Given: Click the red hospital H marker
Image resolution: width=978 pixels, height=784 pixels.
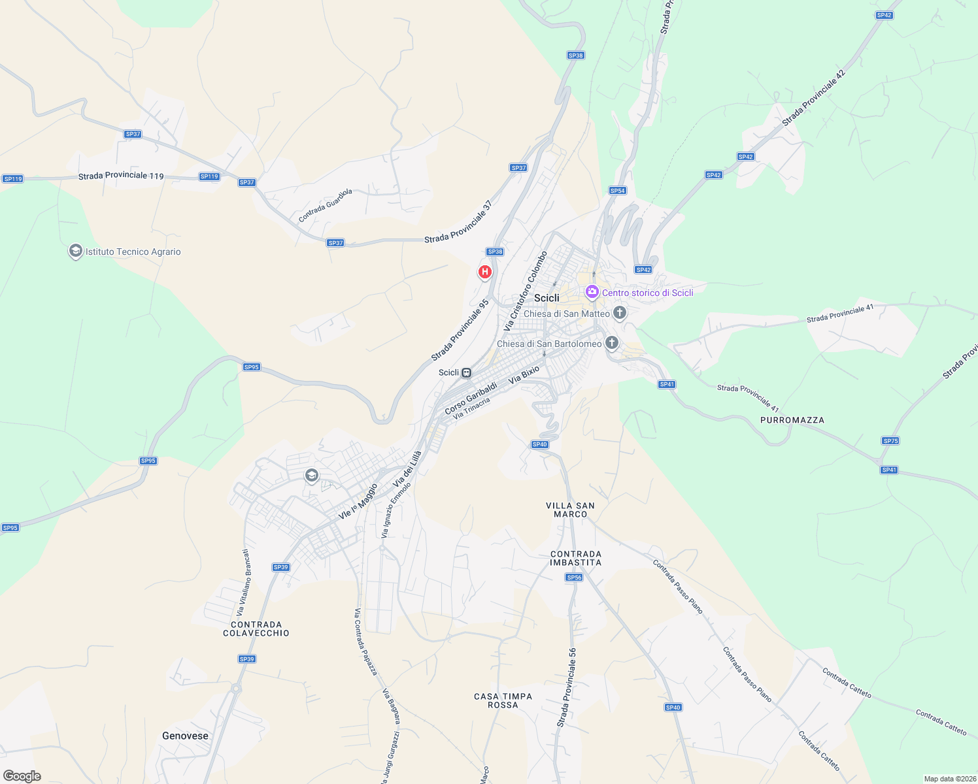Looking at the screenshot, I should click(484, 272).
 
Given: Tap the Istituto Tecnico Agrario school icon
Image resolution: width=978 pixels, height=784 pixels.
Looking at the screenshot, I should click(75, 252).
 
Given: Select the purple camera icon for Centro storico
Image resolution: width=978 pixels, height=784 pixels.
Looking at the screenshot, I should click(592, 292).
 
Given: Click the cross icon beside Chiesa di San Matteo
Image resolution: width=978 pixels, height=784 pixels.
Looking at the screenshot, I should click(619, 313).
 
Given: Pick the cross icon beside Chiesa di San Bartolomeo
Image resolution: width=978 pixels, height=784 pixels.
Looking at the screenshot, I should click(611, 343).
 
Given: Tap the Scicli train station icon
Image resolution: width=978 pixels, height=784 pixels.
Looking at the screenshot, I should click(466, 373).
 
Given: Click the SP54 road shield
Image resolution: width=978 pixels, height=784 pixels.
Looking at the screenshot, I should click(617, 191).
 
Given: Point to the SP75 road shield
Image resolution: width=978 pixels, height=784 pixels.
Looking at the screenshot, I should click(890, 441).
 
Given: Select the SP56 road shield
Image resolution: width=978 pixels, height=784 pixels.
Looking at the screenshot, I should click(574, 578).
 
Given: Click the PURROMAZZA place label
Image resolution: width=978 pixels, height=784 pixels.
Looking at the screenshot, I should click(792, 420).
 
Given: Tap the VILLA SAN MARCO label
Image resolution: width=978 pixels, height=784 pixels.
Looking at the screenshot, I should click(570, 510).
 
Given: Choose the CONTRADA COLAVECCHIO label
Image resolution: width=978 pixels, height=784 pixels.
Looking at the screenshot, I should click(256, 629).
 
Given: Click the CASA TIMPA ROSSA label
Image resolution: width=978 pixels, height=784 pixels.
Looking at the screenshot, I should click(503, 700).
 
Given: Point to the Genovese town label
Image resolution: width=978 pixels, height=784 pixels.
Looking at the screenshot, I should click(185, 736).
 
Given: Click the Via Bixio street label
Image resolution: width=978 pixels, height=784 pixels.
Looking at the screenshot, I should click(524, 374).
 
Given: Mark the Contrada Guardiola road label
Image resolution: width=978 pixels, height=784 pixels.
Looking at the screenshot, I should click(326, 205).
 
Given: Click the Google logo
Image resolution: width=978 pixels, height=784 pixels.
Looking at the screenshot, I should click(22, 776).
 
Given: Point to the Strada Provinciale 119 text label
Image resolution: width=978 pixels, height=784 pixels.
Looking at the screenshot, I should click(121, 176).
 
